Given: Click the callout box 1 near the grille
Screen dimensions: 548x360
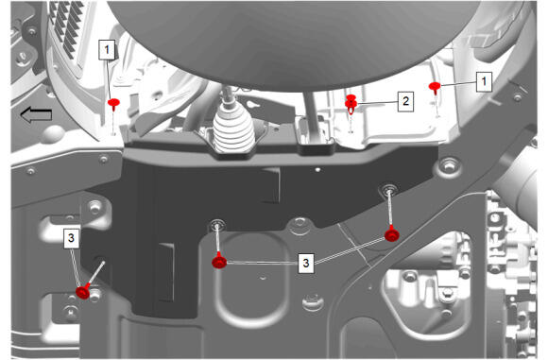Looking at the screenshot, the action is (107, 49).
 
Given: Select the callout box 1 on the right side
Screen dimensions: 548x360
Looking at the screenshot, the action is (484, 82).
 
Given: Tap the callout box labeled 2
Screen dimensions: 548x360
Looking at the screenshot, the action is (405, 101).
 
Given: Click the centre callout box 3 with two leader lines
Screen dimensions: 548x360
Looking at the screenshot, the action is (306, 263).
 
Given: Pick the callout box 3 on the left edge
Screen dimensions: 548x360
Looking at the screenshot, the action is (71, 238).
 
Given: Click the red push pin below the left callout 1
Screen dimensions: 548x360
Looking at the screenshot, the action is (113, 104).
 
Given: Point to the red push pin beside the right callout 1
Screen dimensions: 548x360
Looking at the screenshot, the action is (435, 87).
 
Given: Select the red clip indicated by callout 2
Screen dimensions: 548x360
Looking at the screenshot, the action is (351, 103).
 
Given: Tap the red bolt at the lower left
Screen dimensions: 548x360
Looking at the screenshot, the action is (83, 292).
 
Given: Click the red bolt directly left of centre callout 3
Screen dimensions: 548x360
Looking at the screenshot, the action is (219, 261).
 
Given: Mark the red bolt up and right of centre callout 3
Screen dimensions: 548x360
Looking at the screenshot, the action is (392, 233).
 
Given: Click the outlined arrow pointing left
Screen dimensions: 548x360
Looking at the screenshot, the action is (36, 115).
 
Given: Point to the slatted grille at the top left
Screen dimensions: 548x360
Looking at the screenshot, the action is (66, 28).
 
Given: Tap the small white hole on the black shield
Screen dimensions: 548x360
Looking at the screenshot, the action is (317, 170).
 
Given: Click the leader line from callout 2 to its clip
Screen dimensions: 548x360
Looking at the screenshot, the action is (377, 102).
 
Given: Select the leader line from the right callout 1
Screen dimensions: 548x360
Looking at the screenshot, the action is (458, 84).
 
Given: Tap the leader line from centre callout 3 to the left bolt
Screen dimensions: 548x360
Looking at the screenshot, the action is (263, 262).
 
